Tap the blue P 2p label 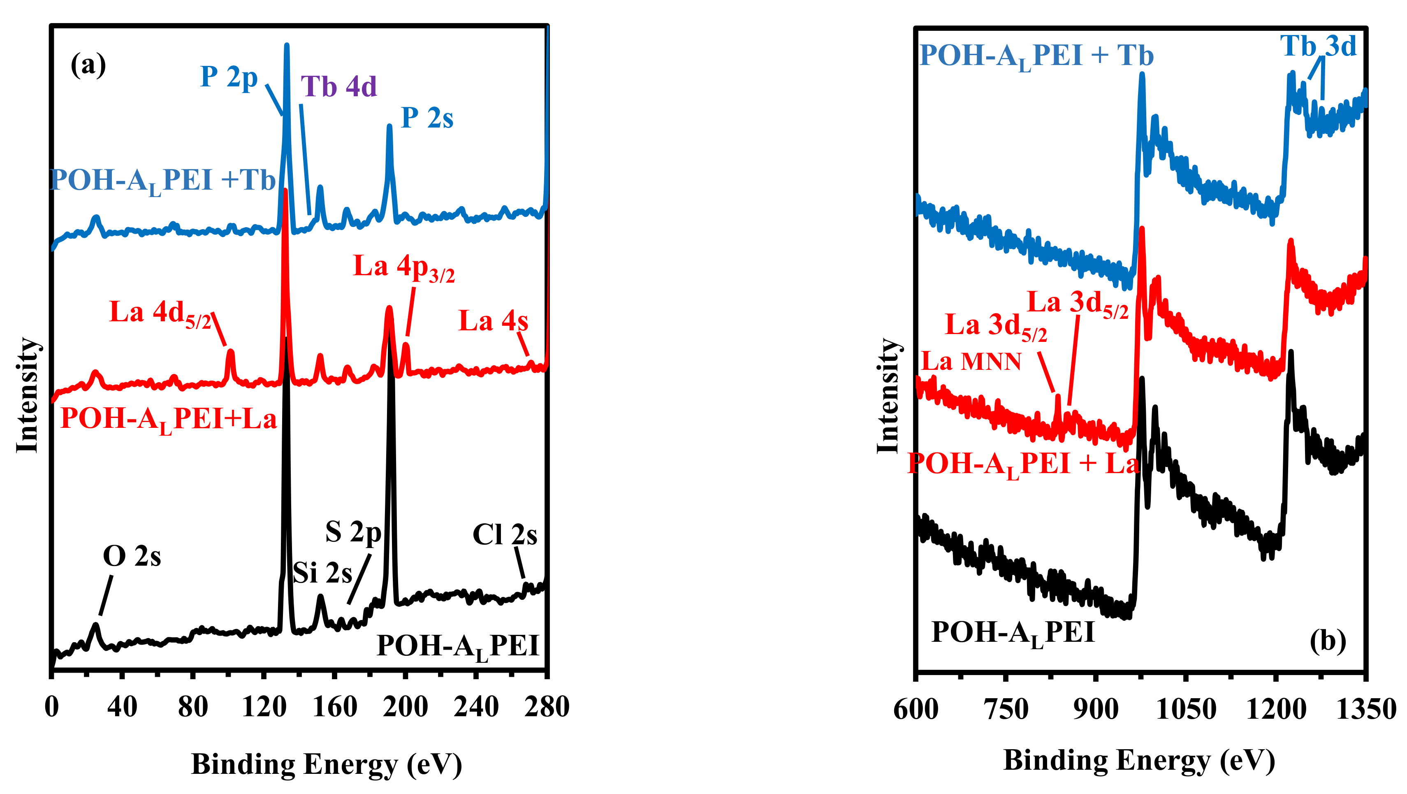coord(229,77)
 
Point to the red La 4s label coord(493,321)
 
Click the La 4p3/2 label coord(403,268)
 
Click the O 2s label coord(132,557)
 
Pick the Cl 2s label coord(505,534)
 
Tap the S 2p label coord(353,532)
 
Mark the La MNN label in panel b coord(971,361)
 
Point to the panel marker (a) coord(88,65)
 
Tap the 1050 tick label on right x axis coord(1186,710)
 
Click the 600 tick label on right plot coord(916,710)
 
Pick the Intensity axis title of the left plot coord(27,395)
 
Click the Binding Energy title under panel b coord(1139,760)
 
